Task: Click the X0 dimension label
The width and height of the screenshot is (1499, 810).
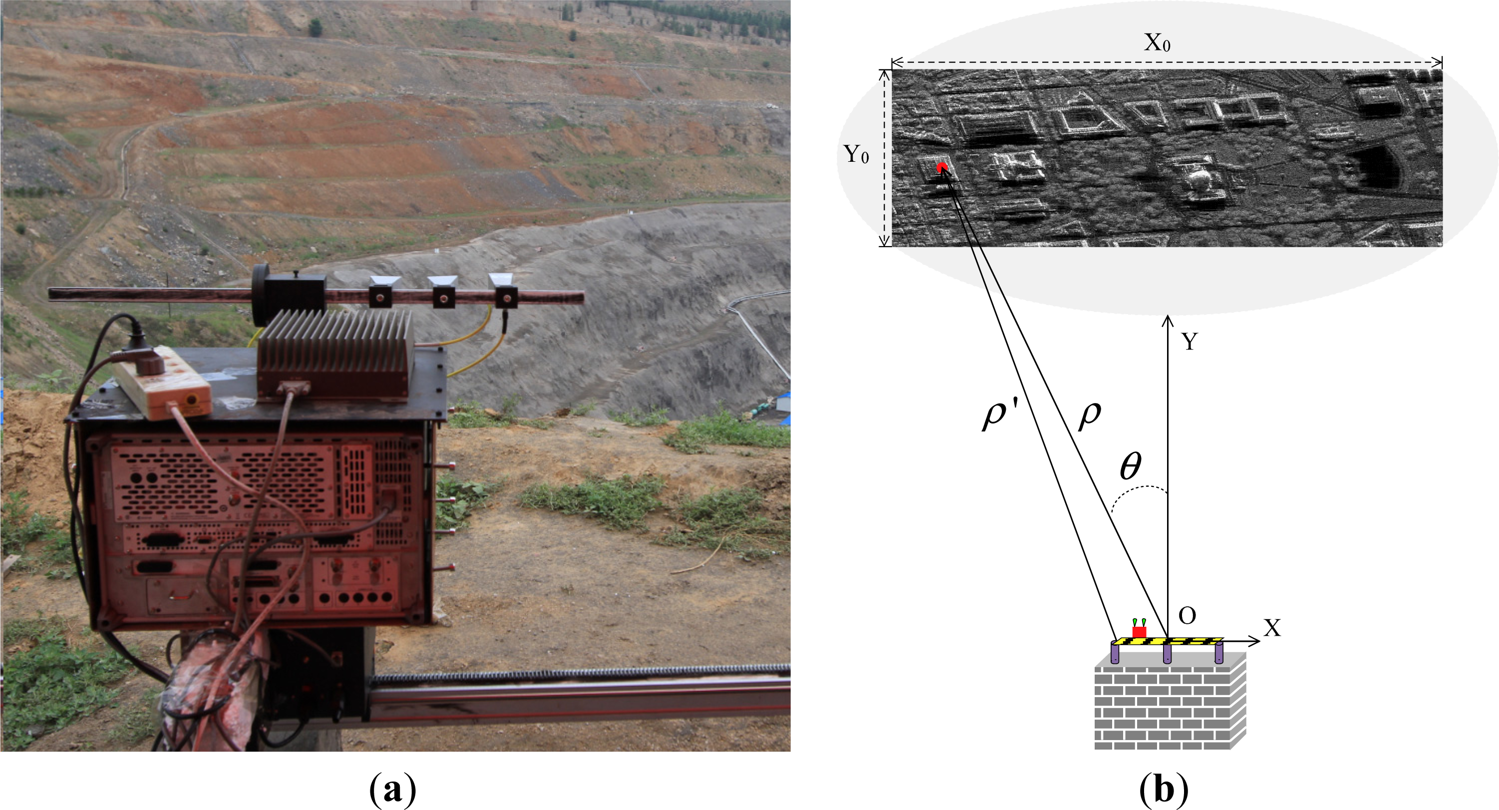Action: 1157,43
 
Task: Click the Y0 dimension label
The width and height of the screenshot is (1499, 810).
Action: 856,155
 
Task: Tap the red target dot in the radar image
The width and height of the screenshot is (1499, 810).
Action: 942,168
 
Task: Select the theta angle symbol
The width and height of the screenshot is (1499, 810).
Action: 1131,466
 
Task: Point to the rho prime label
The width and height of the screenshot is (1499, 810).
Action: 999,415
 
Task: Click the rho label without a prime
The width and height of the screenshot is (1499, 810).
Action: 1089,415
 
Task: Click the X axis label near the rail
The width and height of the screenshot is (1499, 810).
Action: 1272,628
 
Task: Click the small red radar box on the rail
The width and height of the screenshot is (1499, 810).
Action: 1139,632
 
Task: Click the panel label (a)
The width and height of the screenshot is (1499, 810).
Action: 393,790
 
